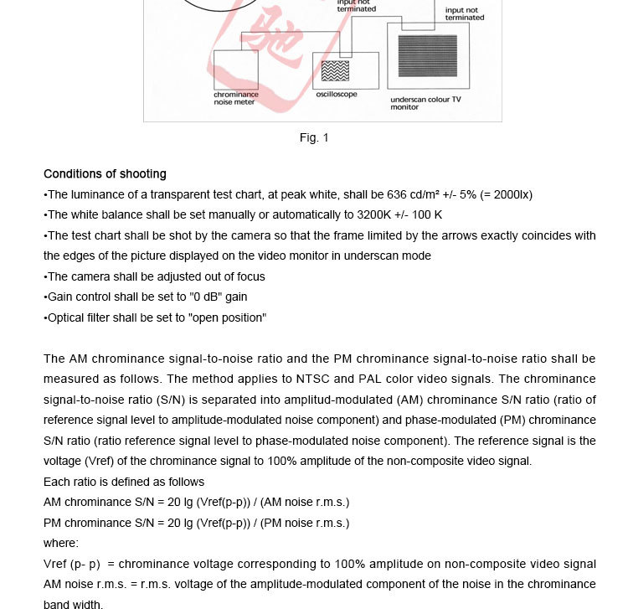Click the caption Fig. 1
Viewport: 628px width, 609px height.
(314, 138)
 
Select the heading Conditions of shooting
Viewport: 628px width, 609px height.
(105, 174)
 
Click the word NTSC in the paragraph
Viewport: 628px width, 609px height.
(313, 379)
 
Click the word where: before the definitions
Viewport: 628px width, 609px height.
(61, 543)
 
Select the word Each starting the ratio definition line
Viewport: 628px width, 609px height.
(57, 482)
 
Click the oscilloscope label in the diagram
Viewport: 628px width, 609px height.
(337, 95)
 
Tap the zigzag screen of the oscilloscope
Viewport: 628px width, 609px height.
(335, 70)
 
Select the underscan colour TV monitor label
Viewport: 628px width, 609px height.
(425, 103)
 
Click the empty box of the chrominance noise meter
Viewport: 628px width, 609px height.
(236, 70)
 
